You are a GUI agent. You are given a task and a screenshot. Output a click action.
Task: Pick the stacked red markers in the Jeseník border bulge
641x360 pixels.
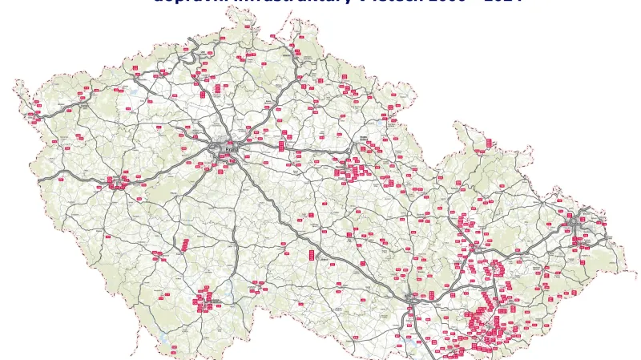489,144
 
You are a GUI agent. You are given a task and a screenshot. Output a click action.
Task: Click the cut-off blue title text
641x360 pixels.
337,2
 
